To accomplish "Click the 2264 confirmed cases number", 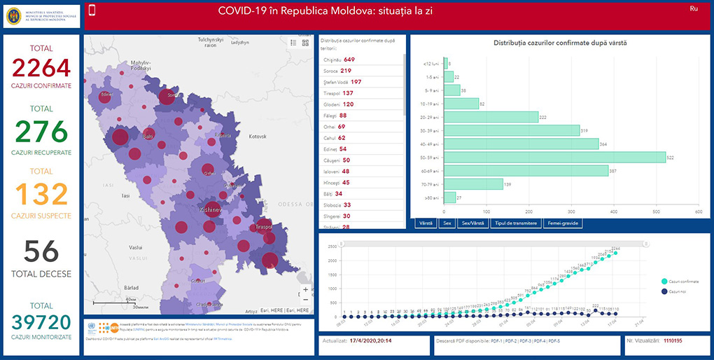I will coord(41,69).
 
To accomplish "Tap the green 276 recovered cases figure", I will coord(41,132).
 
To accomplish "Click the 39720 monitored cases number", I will coord(41,322).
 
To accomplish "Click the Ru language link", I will coord(694,8).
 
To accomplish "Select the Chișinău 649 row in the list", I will coord(349,60).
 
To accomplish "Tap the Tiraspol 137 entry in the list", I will coord(348,93).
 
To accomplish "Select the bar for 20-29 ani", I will coord(491,117).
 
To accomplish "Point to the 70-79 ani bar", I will coord(473,184).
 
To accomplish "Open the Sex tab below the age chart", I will coord(447,223).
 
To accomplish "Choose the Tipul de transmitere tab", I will coord(516,223).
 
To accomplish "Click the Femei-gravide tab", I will coord(563,223).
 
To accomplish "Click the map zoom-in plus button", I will coord(305,289).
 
